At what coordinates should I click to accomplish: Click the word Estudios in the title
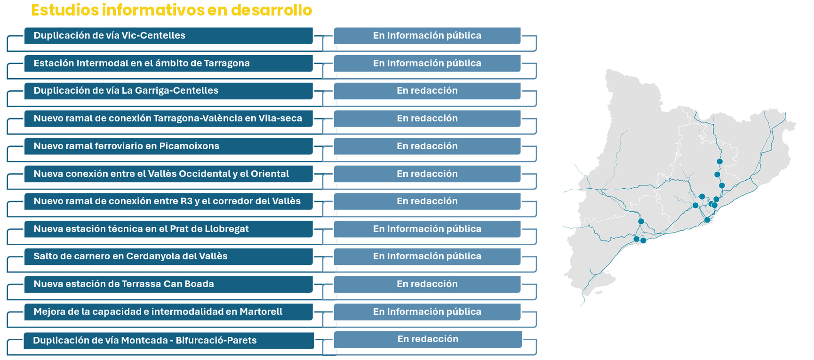(x=65, y=10)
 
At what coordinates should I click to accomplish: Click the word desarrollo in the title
(x=271, y=10)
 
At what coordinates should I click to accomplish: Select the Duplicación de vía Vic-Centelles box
(x=168, y=36)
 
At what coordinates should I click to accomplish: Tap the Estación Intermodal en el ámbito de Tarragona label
(x=142, y=63)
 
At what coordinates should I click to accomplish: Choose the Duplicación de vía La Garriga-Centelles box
(x=168, y=91)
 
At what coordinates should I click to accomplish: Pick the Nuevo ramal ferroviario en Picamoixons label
(x=127, y=146)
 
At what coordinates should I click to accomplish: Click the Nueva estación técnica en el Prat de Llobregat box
(x=168, y=229)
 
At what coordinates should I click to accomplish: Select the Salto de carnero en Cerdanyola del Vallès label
(x=130, y=256)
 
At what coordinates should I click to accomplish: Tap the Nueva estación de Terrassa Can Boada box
(x=168, y=284)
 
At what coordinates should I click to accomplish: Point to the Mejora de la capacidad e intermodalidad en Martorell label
(x=158, y=312)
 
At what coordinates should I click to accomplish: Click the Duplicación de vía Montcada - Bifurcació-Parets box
(x=169, y=341)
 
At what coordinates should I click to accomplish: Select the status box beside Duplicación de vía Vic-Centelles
(x=427, y=36)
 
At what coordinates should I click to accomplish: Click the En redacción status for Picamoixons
(x=427, y=146)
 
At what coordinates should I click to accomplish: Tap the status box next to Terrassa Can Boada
(x=427, y=284)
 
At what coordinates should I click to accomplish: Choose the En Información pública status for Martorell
(x=427, y=312)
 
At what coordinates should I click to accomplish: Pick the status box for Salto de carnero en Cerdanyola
(x=427, y=256)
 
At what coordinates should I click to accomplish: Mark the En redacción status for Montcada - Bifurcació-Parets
(x=428, y=339)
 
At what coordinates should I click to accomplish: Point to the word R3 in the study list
(x=186, y=201)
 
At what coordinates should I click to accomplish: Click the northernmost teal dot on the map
(x=719, y=161)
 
